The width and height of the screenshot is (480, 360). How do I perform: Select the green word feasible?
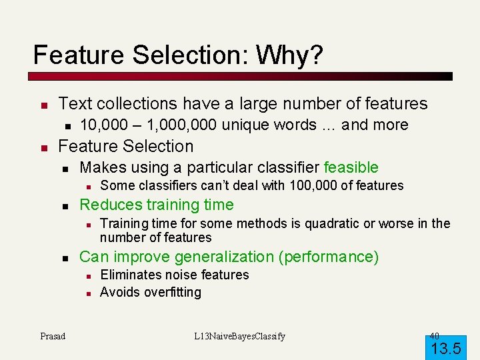351,167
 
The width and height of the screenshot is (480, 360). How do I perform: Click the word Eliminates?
127,275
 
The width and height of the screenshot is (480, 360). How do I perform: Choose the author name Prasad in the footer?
53,336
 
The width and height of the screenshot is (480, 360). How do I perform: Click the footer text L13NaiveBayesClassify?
239,336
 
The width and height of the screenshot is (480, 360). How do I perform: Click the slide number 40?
434,335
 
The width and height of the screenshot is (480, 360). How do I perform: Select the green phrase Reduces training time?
157,205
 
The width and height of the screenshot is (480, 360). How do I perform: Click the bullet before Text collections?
42,105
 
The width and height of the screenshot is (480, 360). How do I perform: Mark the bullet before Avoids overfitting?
87,293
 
